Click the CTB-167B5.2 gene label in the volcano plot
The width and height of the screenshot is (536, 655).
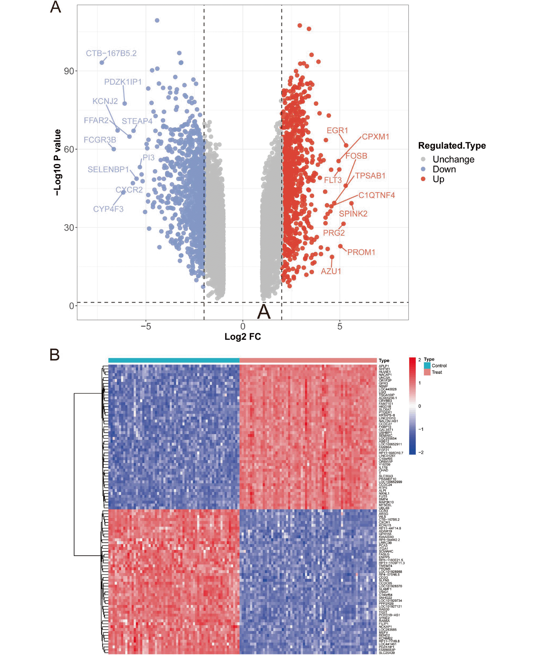[x=111, y=53]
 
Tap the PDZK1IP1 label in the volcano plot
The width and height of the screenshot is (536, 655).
[x=123, y=82]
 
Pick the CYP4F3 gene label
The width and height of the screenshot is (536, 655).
[x=108, y=209]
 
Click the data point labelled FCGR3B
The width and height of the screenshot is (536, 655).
[x=114, y=149]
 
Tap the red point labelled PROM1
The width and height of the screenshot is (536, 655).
[x=340, y=246]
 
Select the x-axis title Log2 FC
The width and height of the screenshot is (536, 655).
[x=243, y=337]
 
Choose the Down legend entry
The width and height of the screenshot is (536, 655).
[x=444, y=169]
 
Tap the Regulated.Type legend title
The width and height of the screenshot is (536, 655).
[x=452, y=146]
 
